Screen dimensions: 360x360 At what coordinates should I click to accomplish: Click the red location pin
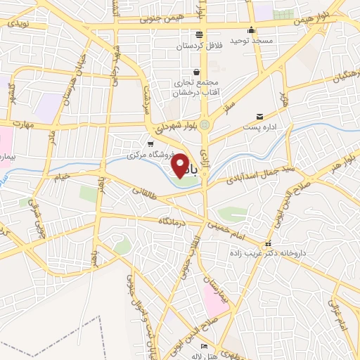[x=180, y=165]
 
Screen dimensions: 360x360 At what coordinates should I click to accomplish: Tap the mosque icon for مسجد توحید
[x=252, y=30]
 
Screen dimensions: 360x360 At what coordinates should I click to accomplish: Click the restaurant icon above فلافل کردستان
[x=200, y=34]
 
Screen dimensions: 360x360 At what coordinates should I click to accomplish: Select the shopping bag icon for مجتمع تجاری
[x=196, y=72]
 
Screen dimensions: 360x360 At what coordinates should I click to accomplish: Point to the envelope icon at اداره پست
[x=259, y=116]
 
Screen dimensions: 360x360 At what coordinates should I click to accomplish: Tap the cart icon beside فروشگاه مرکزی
[x=150, y=143]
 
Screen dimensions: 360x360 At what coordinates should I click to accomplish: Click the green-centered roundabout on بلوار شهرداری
[x=205, y=125]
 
